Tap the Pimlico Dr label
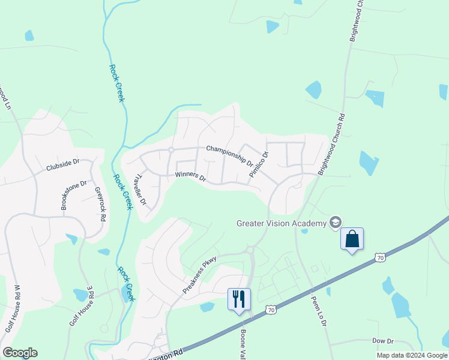coord(259,163)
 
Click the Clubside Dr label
coord(62,166)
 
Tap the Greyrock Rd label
coord(100,205)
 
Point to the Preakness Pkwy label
coord(199,275)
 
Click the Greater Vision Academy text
coord(281,223)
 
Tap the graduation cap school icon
coord(335,223)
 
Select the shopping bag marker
coord(352,239)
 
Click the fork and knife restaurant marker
coord(239,299)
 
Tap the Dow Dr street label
coord(382,340)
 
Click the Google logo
coord(20,353)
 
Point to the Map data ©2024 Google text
coord(412,355)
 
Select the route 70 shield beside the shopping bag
coord(379,257)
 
